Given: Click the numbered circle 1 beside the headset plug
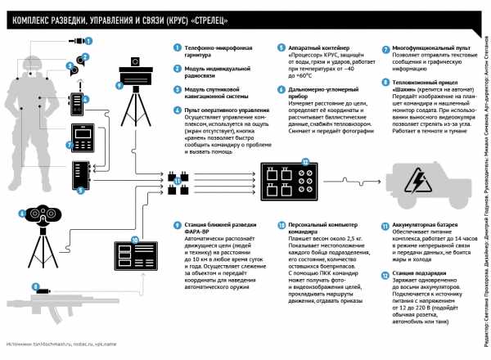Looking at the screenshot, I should point(90,40).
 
